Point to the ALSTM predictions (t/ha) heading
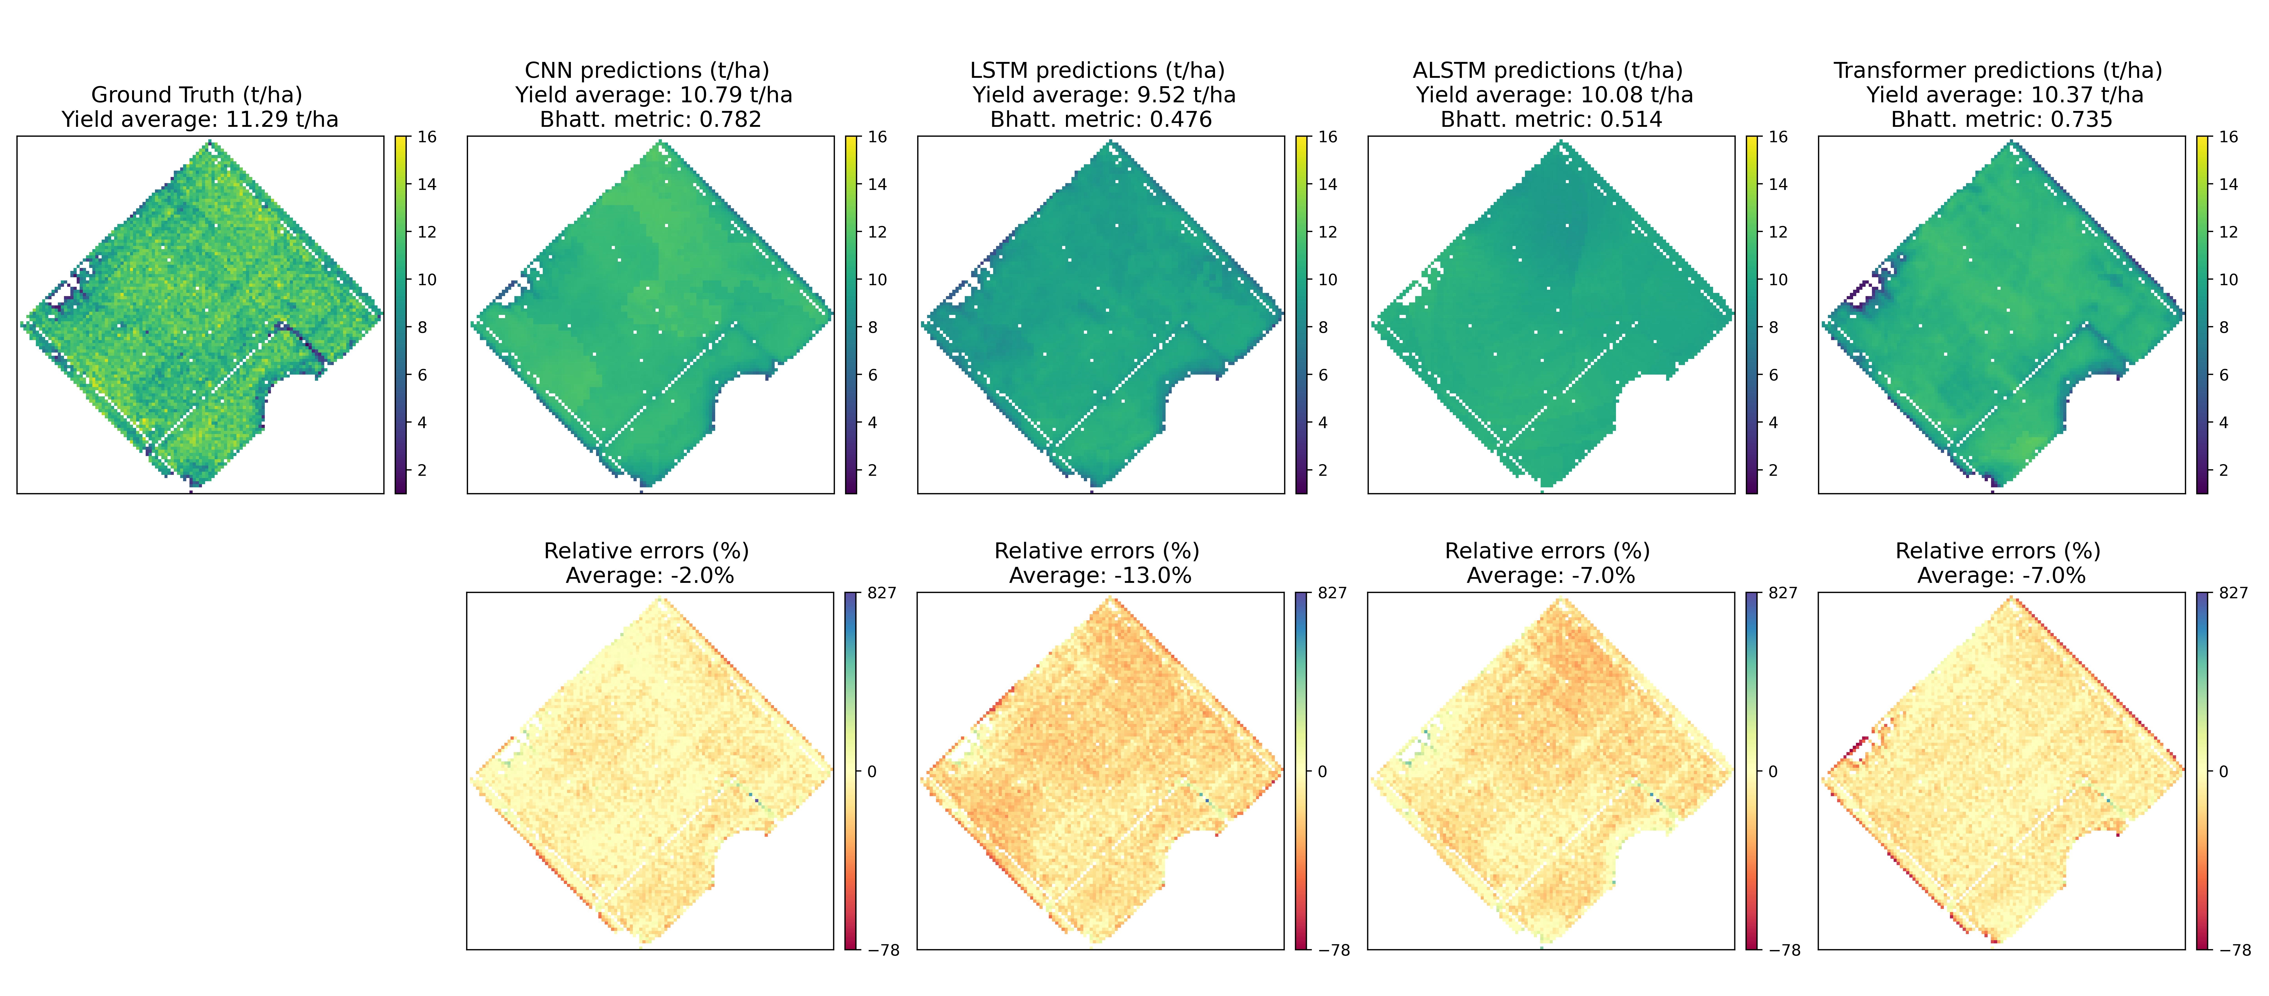pyautogui.click(x=1548, y=71)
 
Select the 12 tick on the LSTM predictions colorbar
pyautogui.click(x=1327, y=232)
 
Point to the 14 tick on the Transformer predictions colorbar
pyautogui.click(x=2228, y=184)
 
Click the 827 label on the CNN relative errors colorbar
pyautogui.click(x=882, y=593)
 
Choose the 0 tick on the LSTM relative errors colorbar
pyautogui.click(x=1322, y=771)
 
